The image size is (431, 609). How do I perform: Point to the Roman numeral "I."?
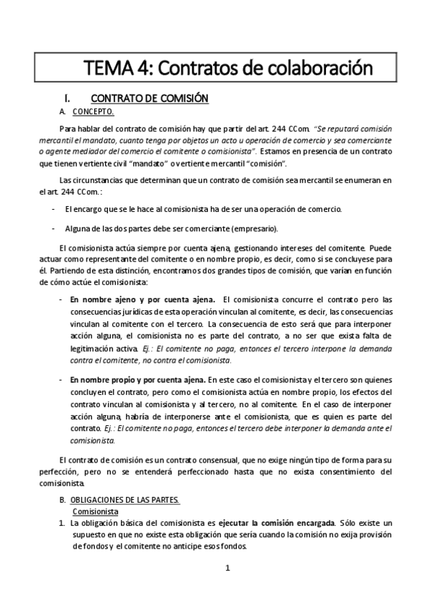tap(67, 98)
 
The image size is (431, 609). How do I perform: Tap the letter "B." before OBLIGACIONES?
tap(63, 498)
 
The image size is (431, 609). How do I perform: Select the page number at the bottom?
tap(227, 570)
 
